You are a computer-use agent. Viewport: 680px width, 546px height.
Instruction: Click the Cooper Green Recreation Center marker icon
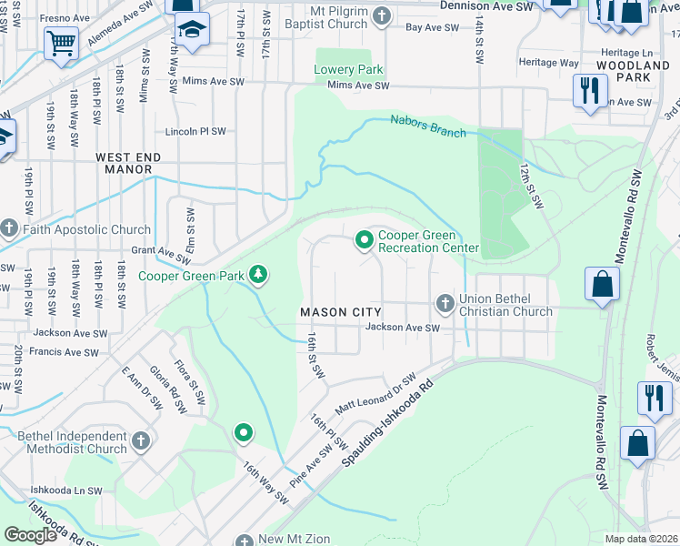tap(365, 240)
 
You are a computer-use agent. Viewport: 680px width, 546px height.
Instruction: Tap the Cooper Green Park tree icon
tap(259, 274)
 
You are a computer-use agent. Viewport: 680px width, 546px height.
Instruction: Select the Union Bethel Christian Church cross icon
tap(445, 302)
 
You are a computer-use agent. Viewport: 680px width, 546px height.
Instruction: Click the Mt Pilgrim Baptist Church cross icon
tap(382, 15)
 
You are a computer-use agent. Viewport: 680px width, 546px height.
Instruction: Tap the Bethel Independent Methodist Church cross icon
tap(140, 441)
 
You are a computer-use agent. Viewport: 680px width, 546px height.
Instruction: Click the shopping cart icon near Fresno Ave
tap(61, 42)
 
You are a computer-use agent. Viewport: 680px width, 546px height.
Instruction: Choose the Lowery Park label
tap(348, 70)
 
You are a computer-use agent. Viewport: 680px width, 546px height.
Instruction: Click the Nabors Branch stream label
tap(428, 126)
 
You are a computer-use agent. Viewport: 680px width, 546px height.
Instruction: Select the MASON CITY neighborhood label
tap(335, 312)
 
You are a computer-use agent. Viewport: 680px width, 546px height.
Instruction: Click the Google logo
tap(29, 535)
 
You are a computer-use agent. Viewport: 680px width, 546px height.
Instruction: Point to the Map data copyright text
tap(642, 539)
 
